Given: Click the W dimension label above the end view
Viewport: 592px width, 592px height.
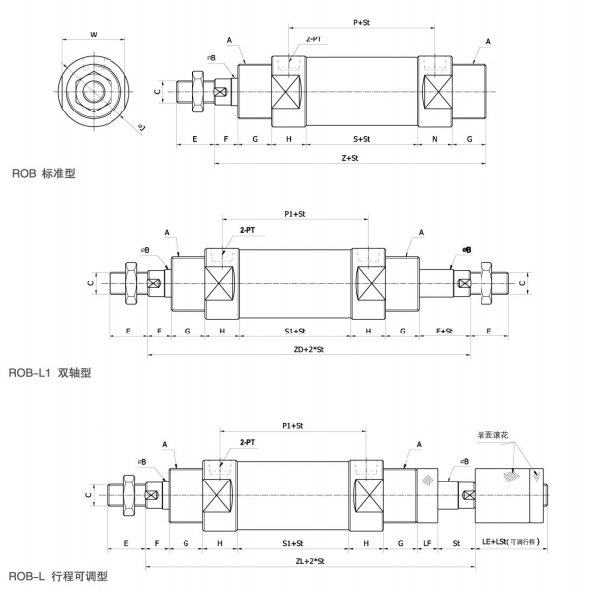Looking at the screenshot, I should pos(93,34).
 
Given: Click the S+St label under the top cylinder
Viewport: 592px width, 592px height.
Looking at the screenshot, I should pos(362,140).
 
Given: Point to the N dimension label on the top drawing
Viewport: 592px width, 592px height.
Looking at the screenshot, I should pos(435,140).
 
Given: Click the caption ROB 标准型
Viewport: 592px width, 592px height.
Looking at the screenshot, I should pos(43,173).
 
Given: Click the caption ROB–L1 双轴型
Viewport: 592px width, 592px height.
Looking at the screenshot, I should pos(50,373).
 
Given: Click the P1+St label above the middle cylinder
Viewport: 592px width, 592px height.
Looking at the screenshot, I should pos(294,211).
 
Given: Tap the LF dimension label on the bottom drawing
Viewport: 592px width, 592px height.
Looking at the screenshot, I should pos(427,543).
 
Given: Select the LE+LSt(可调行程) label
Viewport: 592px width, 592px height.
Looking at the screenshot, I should pos(512,543).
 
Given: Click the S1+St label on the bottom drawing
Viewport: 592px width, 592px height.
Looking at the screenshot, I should pos(292,543).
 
